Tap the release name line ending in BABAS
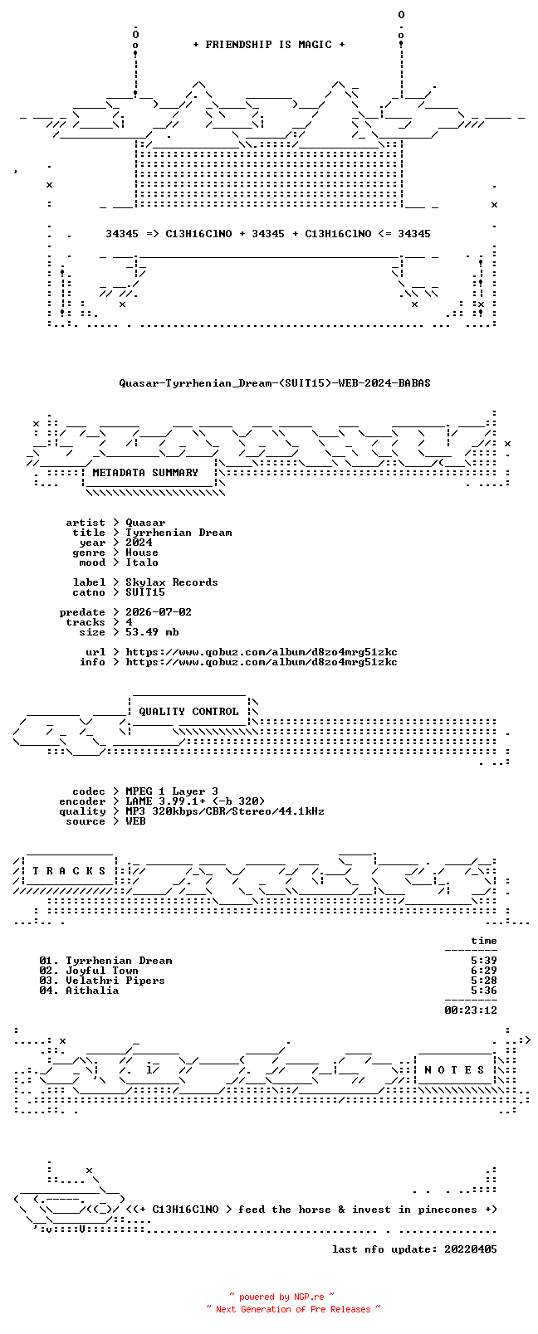[x=275, y=383]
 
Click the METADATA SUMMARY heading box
[x=145, y=473]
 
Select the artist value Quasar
[x=145, y=523]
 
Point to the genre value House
[x=142, y=553]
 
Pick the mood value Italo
[x=142, y=562]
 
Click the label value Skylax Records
[x=172, y=582]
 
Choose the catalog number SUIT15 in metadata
[x=145, y=592]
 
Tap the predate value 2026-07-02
[x=159, y=612]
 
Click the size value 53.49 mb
[x=152, y=632]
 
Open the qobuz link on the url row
[x=262, y=652]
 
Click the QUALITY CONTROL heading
[x=188, y=712]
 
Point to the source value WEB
[x=135, y=821]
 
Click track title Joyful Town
[x=102, y=971]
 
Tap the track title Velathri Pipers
[x=115, y=981]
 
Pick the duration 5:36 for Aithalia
[x=484, y=991]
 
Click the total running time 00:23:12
[x=471, y=1010]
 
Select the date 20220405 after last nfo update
[x=471, y=1249]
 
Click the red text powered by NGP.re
[x=281, y=1297]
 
